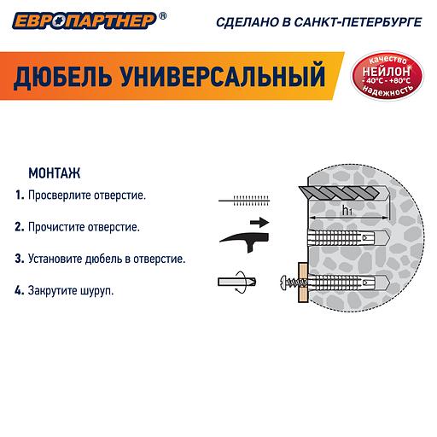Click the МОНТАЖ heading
(54, 172)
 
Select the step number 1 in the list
(19, 195)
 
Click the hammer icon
(242, 237)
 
